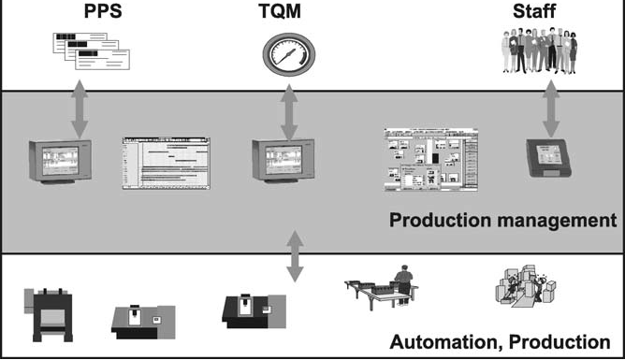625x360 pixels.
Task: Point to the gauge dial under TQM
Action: (286, 54)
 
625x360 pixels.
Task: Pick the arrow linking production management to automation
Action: (295, 253)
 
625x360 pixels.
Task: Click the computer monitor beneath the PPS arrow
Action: (63, 165)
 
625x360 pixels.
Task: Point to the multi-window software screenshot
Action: (431, 160)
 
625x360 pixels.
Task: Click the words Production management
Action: (502, 223)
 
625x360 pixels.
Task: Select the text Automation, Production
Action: (506, 340)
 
